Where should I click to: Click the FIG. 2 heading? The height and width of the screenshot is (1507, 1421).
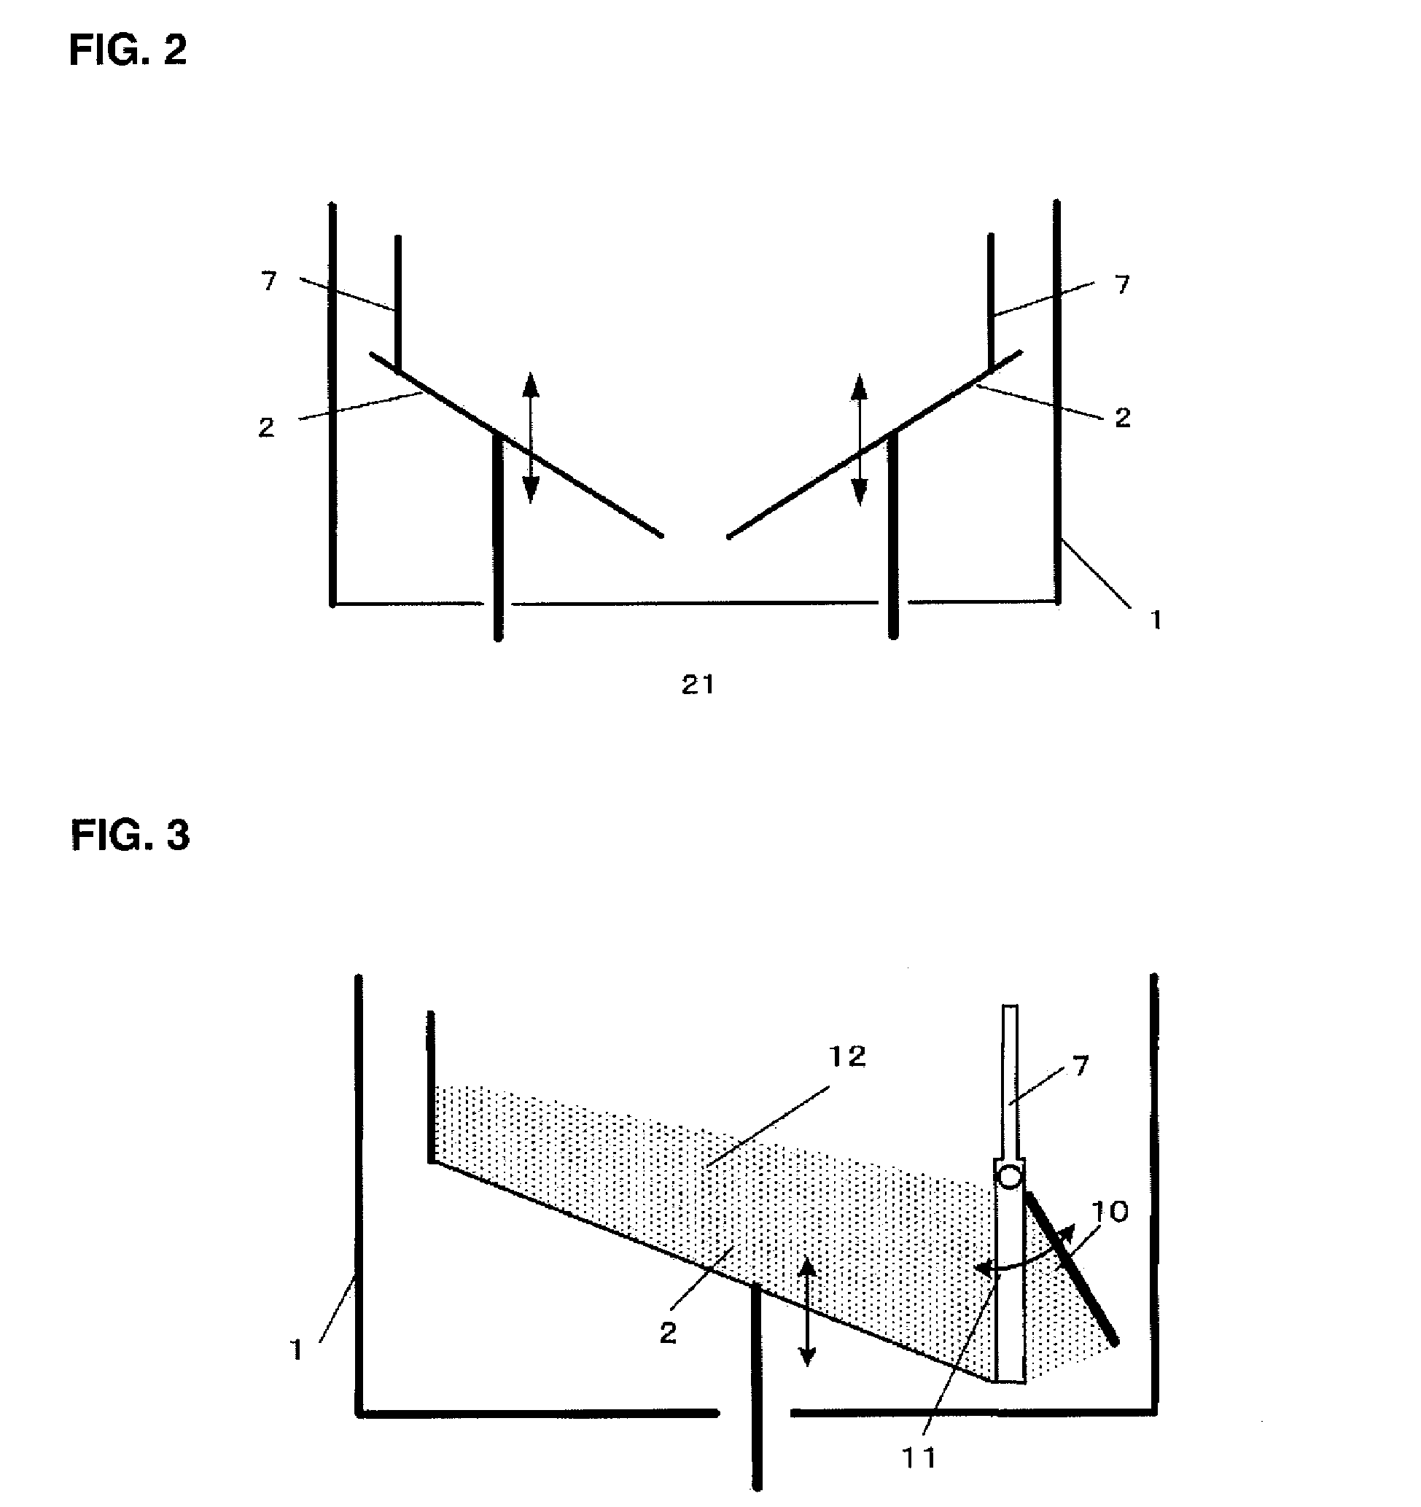pos(128,51)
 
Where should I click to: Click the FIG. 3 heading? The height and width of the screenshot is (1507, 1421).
pos(130,836)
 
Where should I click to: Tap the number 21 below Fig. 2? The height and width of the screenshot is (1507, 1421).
pos(698,685)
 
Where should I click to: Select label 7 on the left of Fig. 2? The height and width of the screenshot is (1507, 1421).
pos(269,281)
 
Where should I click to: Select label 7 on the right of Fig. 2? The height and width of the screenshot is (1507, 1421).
pos(1122,284)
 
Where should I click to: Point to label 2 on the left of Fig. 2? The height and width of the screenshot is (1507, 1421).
pos(266,428)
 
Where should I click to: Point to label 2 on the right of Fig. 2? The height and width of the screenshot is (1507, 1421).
pos(1122,418)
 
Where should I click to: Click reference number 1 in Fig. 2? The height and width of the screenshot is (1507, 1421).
pos(1156,620)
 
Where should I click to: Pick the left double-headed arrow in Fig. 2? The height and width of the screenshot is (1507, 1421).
pos(531,438)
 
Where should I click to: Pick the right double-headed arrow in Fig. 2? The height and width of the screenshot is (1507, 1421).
pos(859,440)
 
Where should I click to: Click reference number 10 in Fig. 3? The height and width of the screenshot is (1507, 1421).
pos(1110,1212)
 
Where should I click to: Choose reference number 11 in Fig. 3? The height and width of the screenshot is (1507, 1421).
pos(919,1457)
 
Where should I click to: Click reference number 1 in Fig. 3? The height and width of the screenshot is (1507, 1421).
pos(296,1350)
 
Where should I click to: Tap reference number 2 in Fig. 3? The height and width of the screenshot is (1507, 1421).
pos(668,1333)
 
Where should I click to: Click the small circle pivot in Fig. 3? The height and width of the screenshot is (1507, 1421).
pos(1010,1177)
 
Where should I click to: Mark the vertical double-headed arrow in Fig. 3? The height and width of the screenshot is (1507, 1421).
pos(808,1311)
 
